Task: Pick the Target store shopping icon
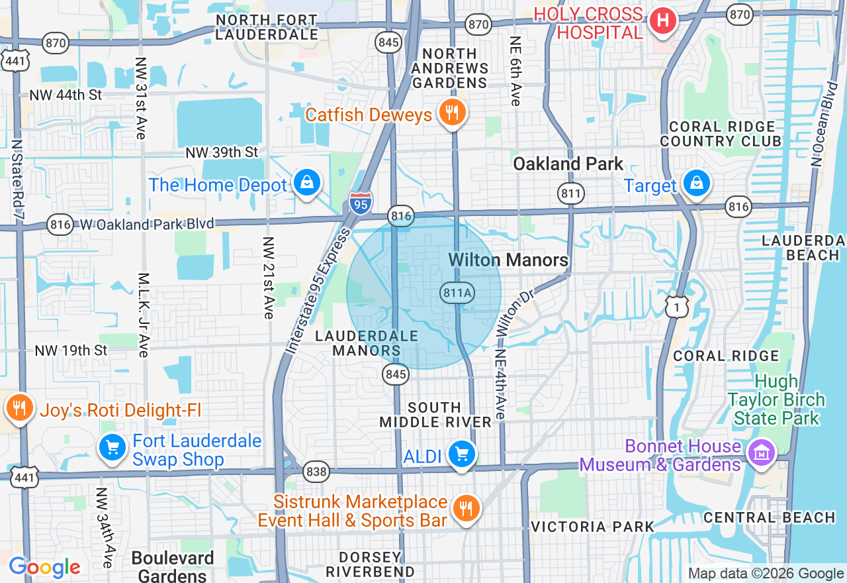696,184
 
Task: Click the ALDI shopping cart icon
461,454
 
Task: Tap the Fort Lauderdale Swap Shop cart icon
112,449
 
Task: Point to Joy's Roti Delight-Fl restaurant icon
20,408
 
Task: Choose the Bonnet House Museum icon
761,453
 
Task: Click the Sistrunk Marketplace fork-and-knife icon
467,508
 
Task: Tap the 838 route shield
316,472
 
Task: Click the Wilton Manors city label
508,260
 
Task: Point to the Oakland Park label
568,164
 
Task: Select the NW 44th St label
66,95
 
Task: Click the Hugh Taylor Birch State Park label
776,399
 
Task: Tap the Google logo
44,567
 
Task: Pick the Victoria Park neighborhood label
592,527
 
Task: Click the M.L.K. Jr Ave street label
144,315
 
